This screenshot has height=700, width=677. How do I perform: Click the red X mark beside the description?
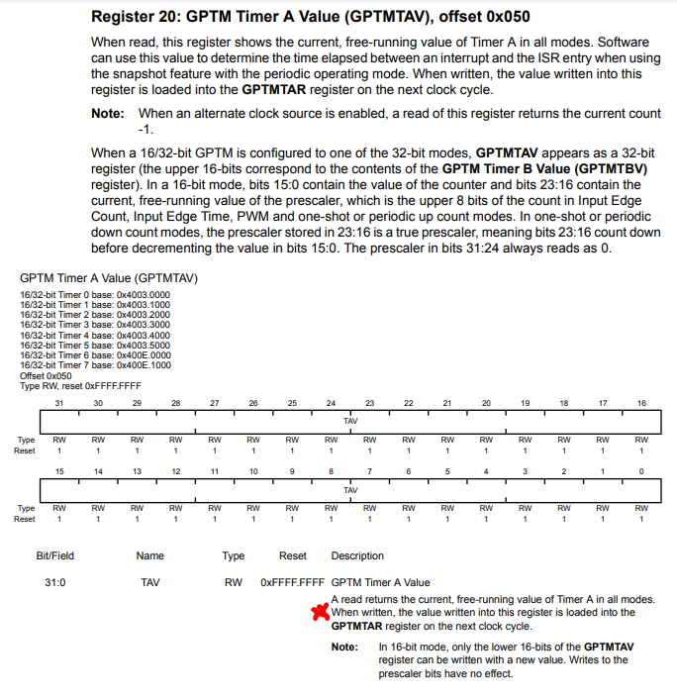[x=320, y=612]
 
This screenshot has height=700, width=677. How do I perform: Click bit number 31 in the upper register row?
[x=58, y=403]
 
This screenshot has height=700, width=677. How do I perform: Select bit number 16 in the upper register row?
[x=641, y=403]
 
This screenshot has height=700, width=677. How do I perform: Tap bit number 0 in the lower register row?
[x=641, y=471]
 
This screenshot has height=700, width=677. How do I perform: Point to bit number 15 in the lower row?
[x=58, y=471]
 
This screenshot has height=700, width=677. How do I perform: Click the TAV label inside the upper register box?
[x=350, y=421]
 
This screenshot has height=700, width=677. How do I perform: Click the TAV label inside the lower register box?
[x=350, y=489]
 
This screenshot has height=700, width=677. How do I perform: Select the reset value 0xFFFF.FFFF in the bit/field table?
[x=292, y=583]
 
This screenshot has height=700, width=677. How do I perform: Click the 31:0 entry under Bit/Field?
[x=55, y=583]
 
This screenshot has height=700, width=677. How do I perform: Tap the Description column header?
[x=357, y=556]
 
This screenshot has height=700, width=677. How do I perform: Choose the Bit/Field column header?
[x=55, y=556]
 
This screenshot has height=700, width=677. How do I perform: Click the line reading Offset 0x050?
[x=46, y=376]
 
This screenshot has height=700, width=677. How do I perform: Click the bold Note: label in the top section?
[x=107, y=114]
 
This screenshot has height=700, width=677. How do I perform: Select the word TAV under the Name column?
[x=149, y=583]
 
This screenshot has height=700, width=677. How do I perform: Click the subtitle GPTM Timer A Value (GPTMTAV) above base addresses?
[x=109, y=279]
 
